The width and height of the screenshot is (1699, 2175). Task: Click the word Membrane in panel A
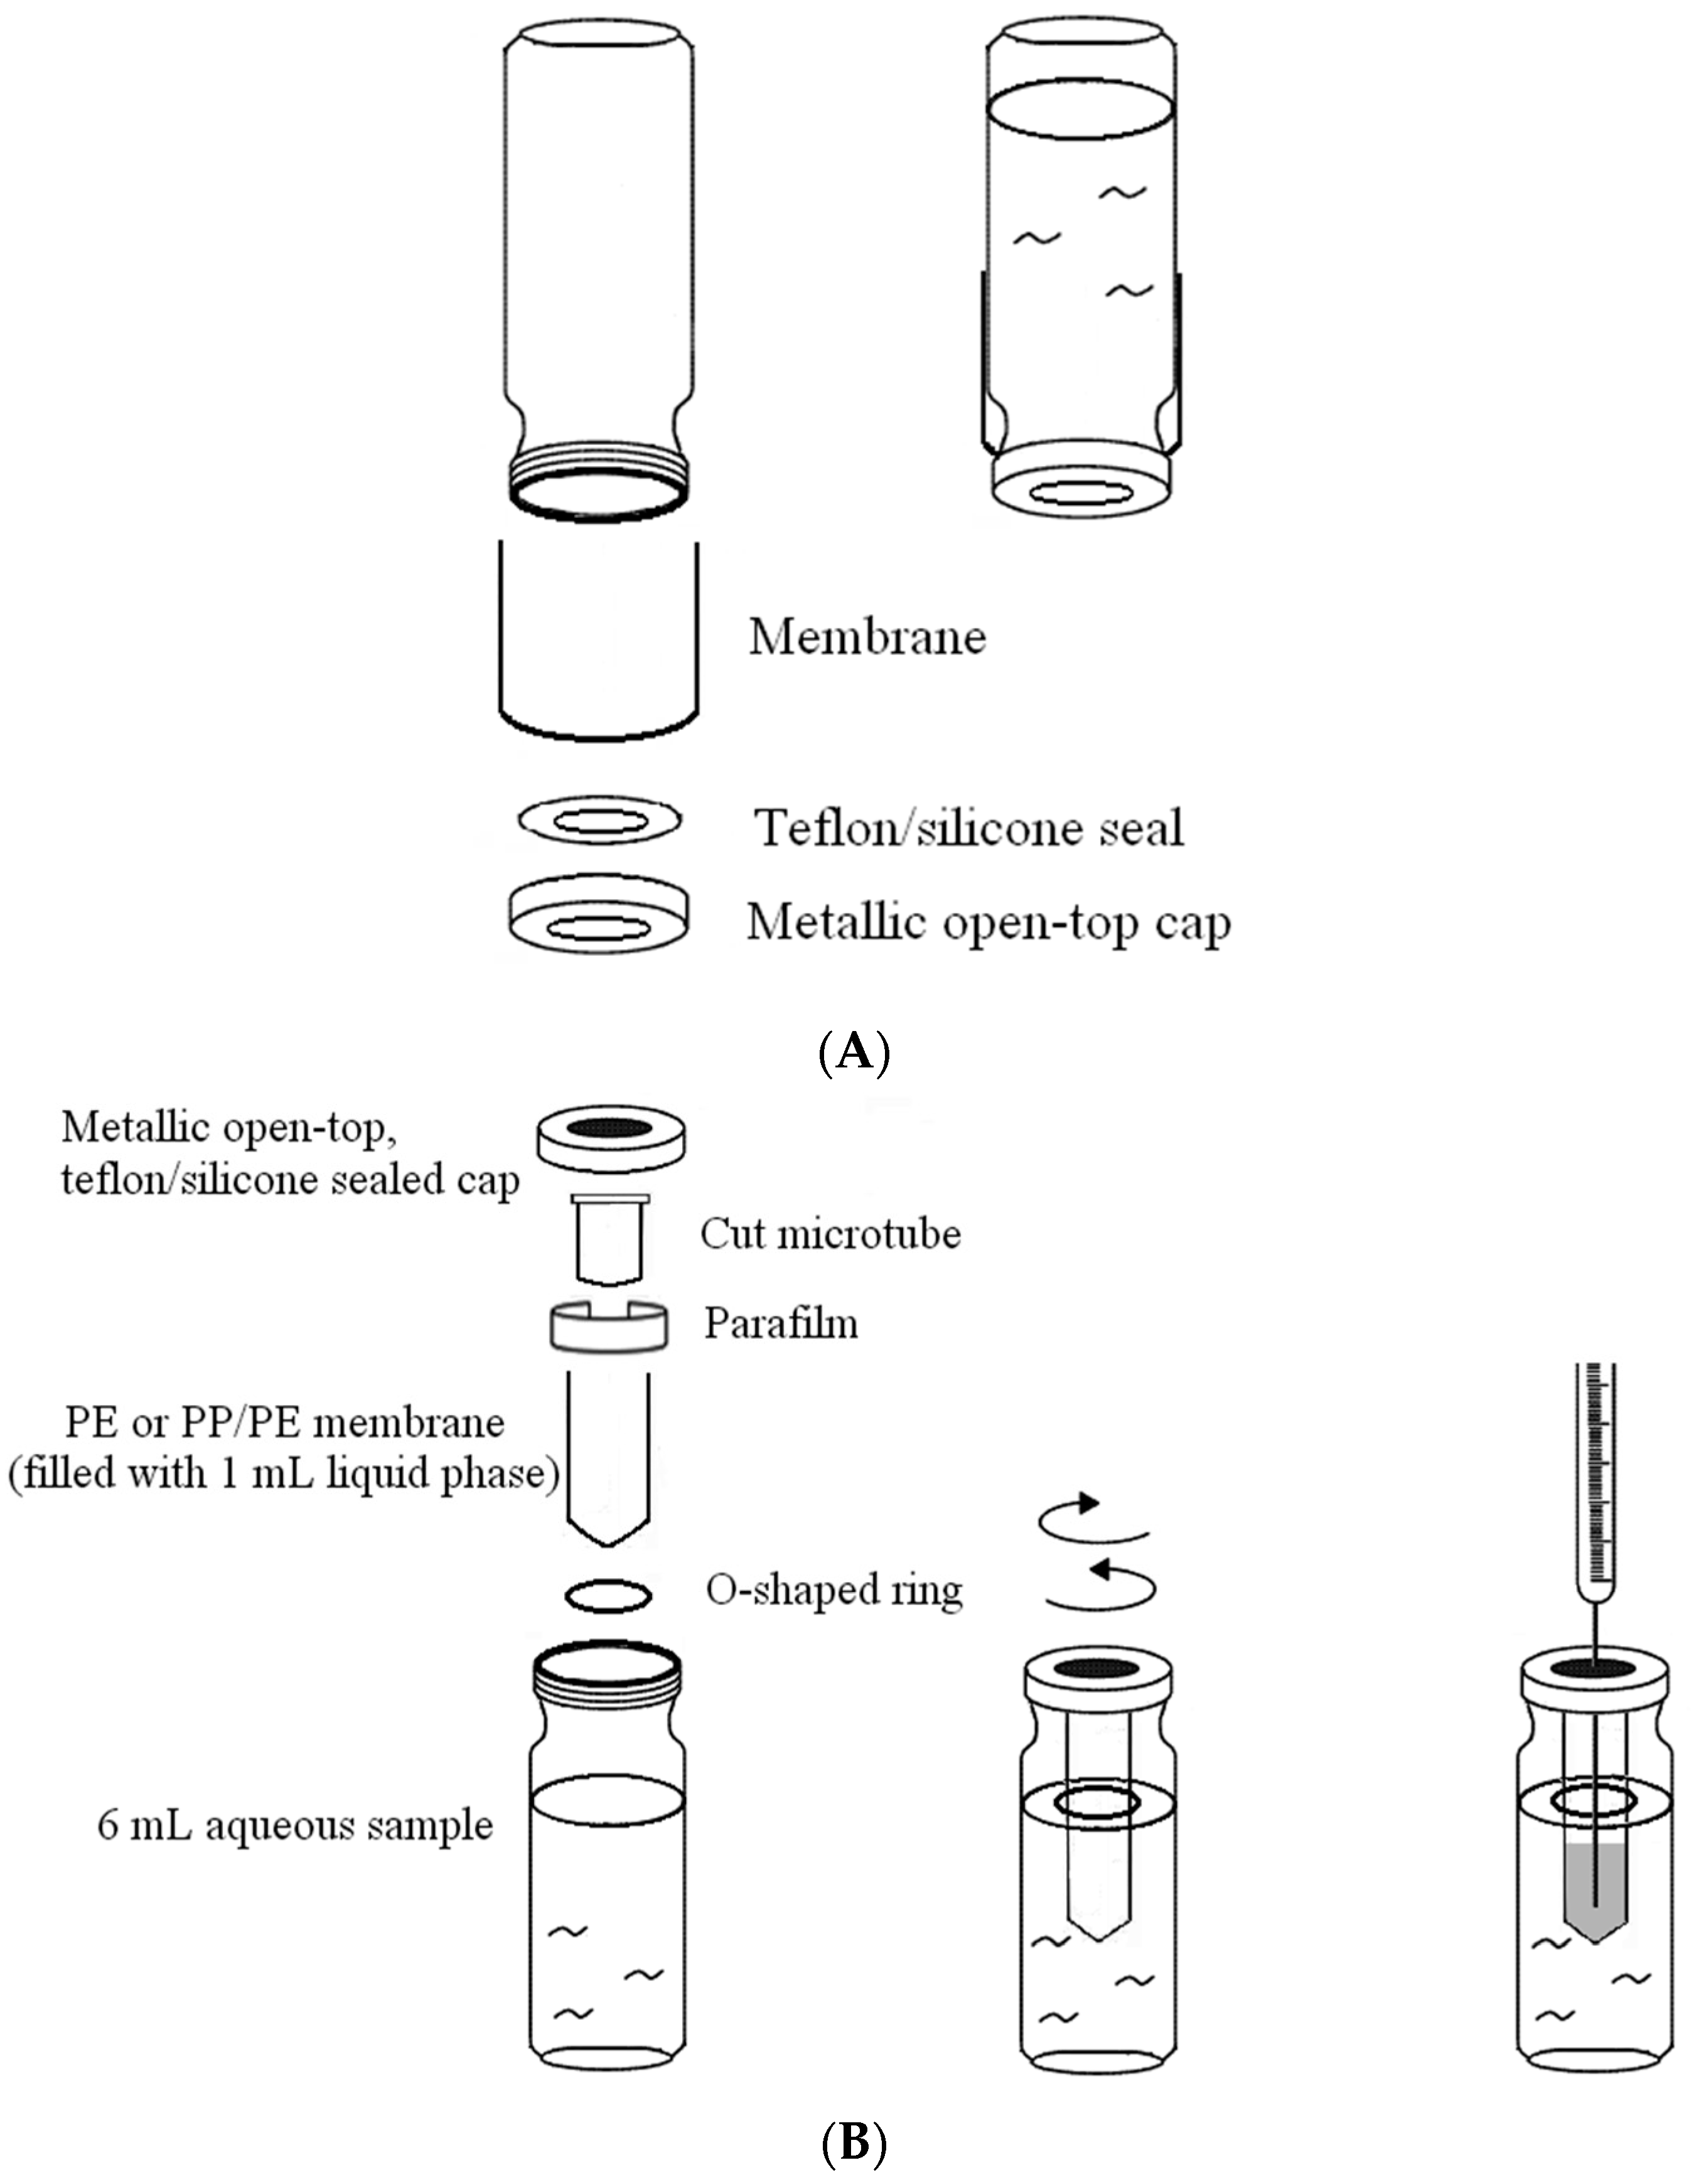point(866,638)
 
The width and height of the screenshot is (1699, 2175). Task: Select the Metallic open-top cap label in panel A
point(988,923)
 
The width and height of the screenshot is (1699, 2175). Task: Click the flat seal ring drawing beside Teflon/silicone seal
point(599,821)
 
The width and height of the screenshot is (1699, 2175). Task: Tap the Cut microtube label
point(830,1234)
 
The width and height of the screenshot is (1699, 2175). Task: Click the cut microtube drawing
point(609,1239)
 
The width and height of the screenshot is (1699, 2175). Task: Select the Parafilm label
point(781,1323)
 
